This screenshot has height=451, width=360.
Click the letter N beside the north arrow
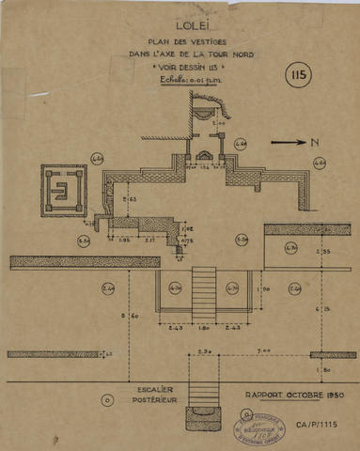pyautogui.click(x=305, y=144)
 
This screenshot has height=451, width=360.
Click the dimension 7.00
pyautogui.click(x=268, y=349)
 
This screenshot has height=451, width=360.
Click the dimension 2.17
pyautogui.click(x=150, y=241)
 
